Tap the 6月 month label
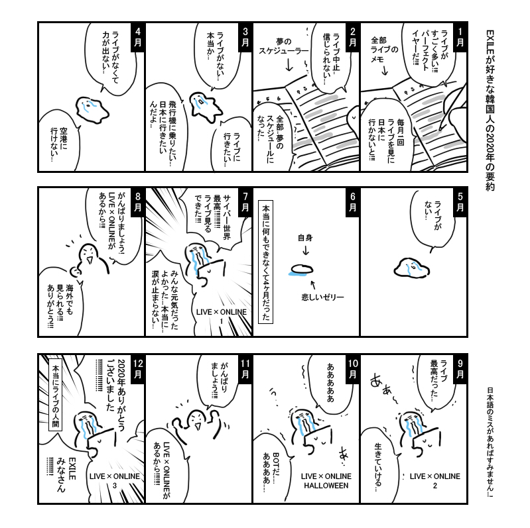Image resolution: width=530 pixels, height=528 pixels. click(353, 203)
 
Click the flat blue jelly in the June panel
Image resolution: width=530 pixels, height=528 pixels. click(302, 269)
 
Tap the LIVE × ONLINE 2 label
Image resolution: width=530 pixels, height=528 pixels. click(434, 480)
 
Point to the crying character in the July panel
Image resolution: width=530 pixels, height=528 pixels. click(197, 255)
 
